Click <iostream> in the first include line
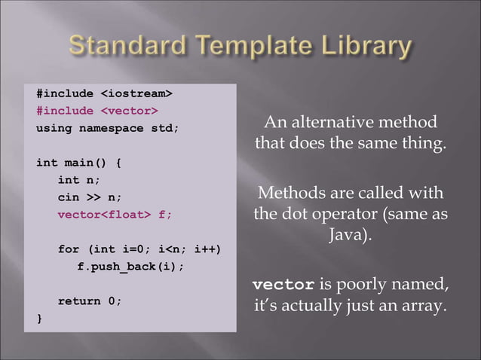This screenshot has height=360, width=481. click(136, 93)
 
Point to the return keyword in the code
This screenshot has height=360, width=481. click(80, 301)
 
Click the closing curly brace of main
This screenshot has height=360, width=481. click(40, 319)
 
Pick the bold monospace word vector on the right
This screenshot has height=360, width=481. click(283, 285)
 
